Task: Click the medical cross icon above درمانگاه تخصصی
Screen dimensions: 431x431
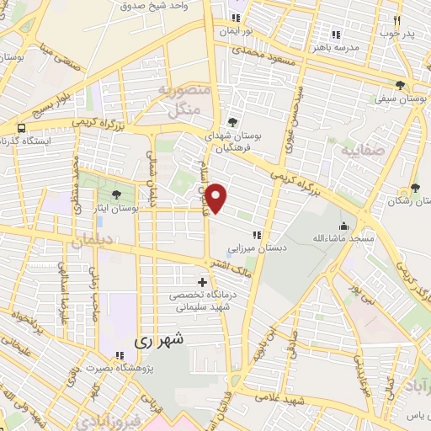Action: (202, 282)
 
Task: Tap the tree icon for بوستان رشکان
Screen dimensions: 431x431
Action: (414, 188)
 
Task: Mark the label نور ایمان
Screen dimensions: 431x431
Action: (237, 31)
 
